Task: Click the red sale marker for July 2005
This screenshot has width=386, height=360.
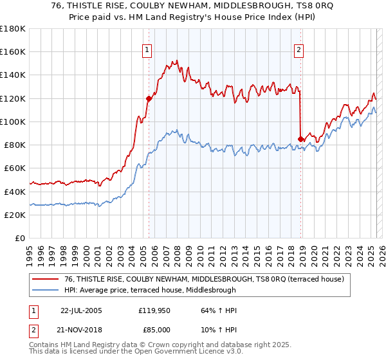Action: [149, 98]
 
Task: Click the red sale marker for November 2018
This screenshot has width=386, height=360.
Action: [300, 139]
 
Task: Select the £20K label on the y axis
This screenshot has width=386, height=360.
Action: [15, 215]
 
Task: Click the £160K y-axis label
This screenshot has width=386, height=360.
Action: [13, 52]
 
